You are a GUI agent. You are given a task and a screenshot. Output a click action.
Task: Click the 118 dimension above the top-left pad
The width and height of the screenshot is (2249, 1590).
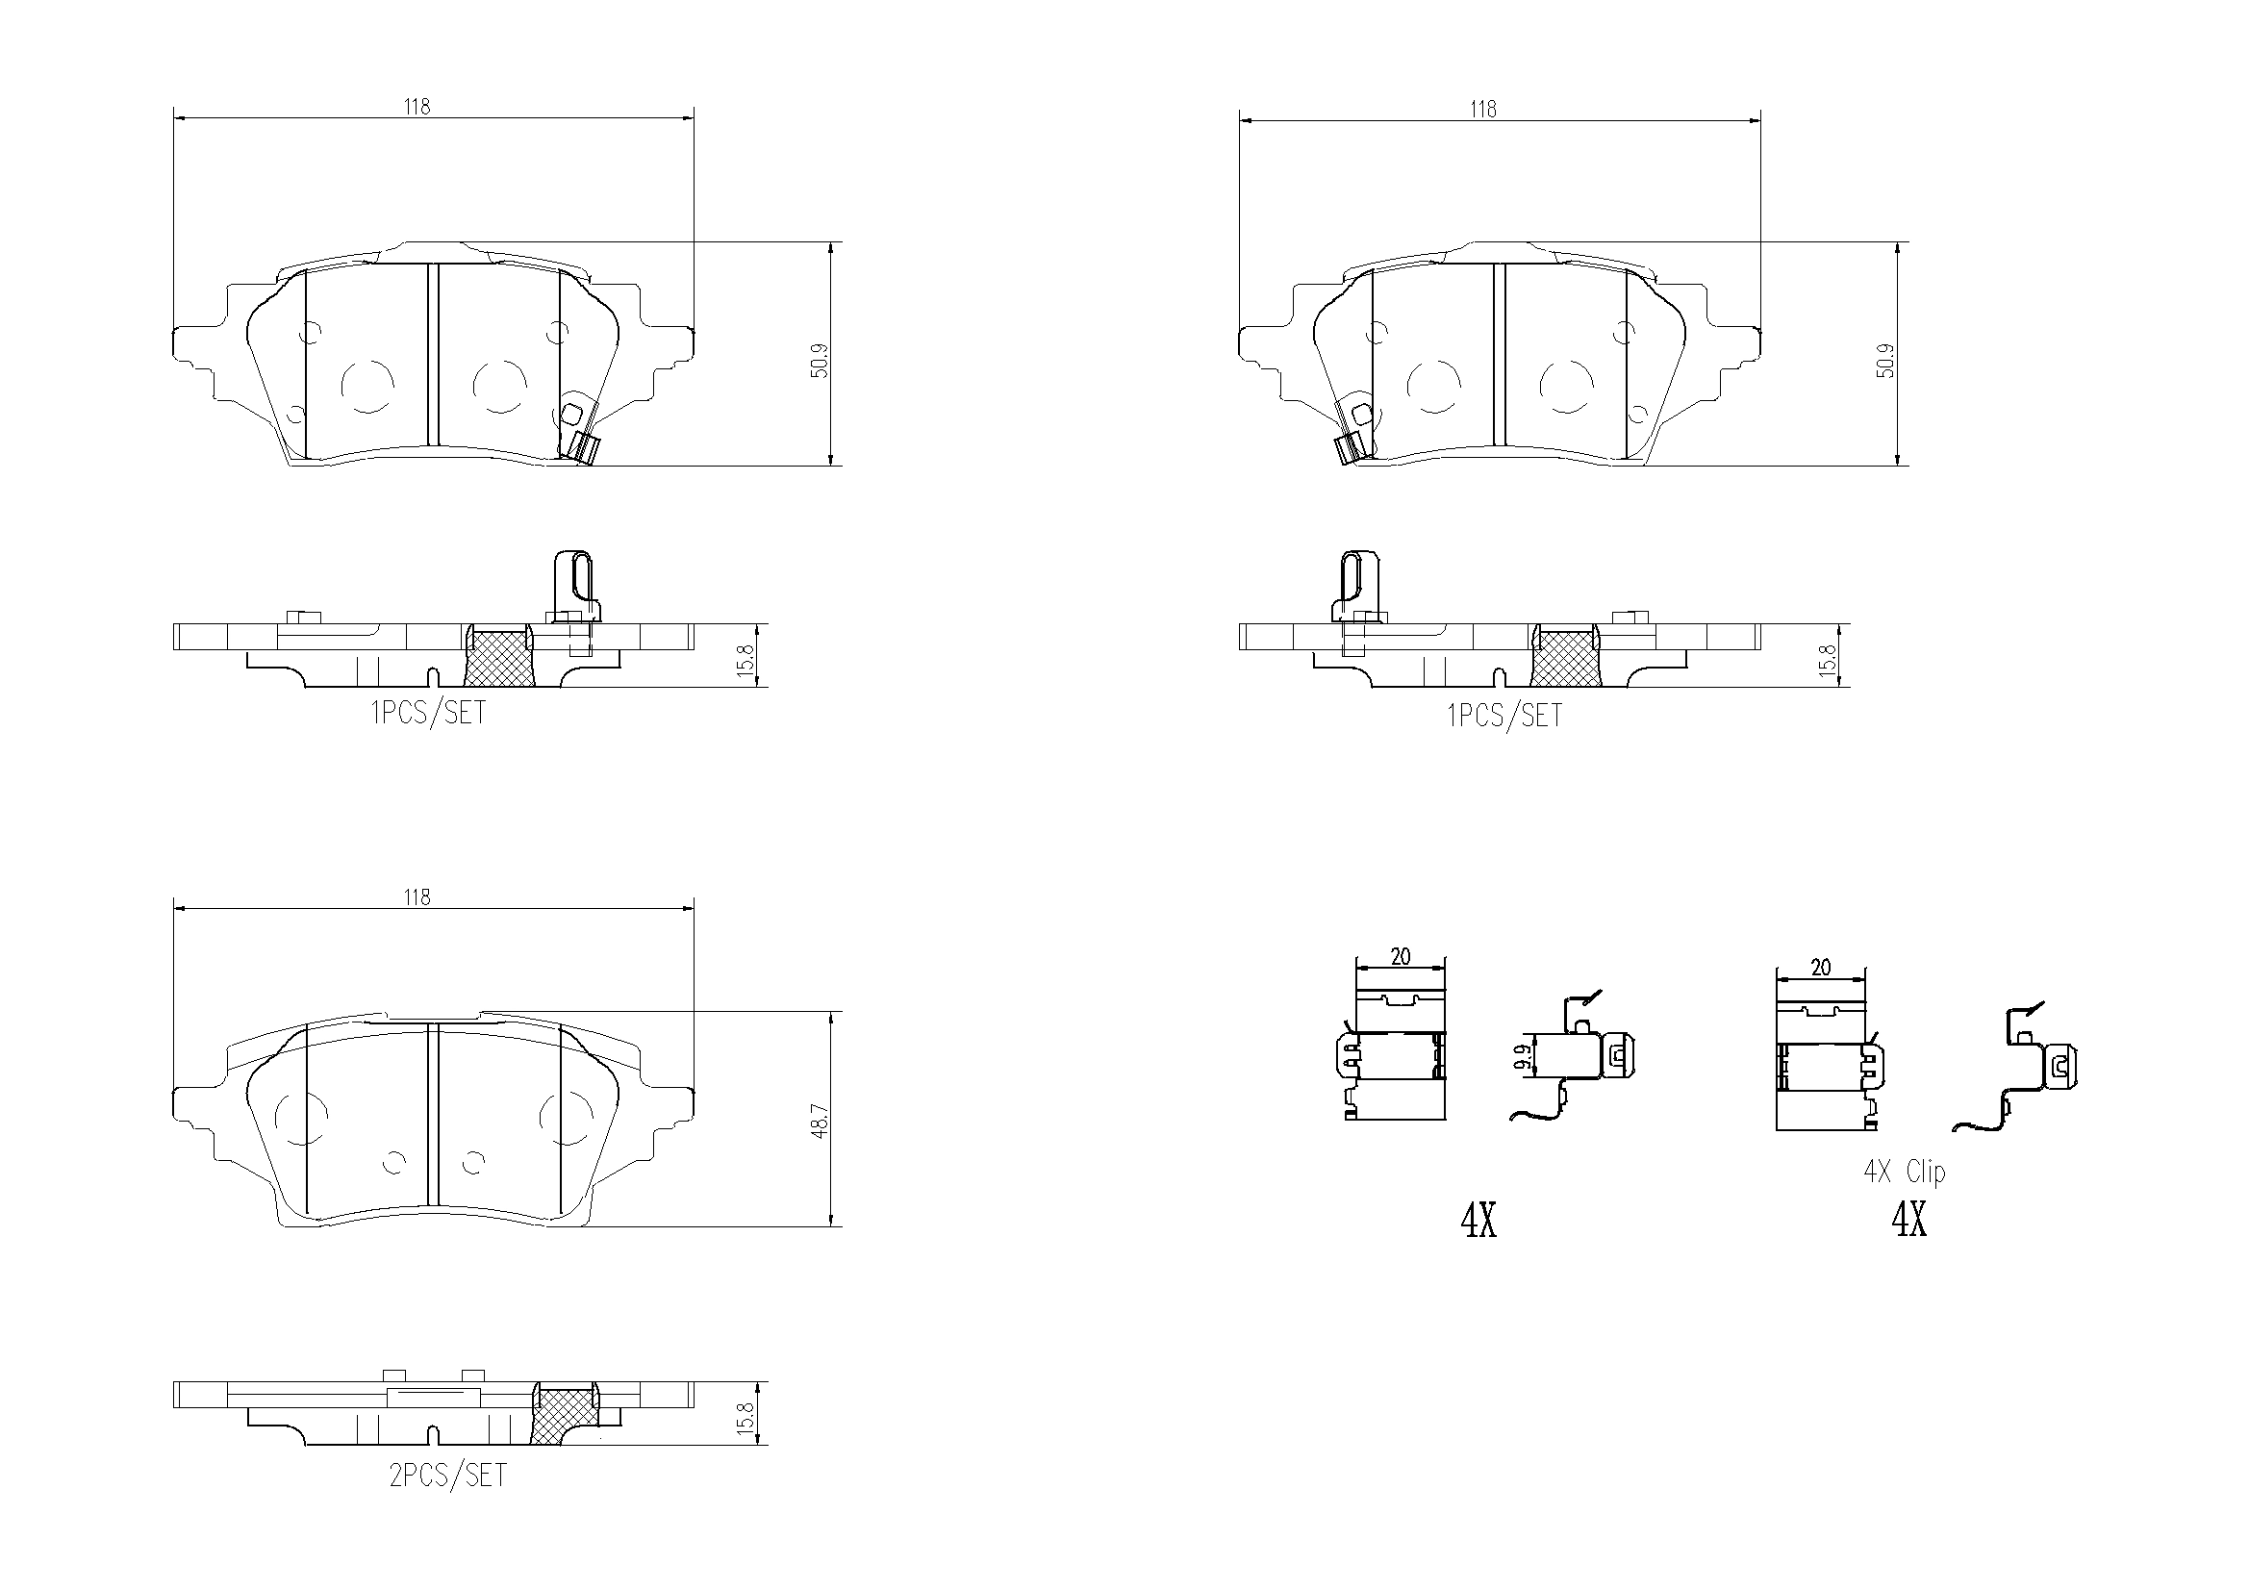click(417, 107)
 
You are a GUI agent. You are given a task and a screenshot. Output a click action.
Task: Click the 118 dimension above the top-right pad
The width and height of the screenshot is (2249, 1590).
click(1483, 110)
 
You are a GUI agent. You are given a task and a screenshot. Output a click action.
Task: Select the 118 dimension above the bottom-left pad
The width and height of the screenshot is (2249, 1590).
click(417, 897)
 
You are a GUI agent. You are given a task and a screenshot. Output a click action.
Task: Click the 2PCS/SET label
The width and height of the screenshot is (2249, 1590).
click(447, 1476)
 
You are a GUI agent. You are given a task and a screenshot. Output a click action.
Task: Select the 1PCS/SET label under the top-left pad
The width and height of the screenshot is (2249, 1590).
click(428, 713)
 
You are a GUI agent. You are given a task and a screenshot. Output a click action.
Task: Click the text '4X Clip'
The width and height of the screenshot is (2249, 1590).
click(1904, 1172)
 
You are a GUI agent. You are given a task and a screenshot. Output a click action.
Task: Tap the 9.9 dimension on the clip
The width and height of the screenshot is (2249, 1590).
click(1521, 1058)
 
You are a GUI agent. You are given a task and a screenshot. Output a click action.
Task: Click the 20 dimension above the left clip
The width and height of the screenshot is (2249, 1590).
click(1400, 956)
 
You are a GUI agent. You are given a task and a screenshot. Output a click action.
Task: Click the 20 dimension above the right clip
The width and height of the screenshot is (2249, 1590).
click(1820, 968)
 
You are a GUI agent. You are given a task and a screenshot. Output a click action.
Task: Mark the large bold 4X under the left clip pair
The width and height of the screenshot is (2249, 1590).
click(1478, 1221)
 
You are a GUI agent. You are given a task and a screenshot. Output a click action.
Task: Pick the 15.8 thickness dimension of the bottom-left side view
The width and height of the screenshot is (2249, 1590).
click(746, 1417)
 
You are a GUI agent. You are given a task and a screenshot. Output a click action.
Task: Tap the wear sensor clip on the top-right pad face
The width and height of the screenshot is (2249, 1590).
click(1354, 431)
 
